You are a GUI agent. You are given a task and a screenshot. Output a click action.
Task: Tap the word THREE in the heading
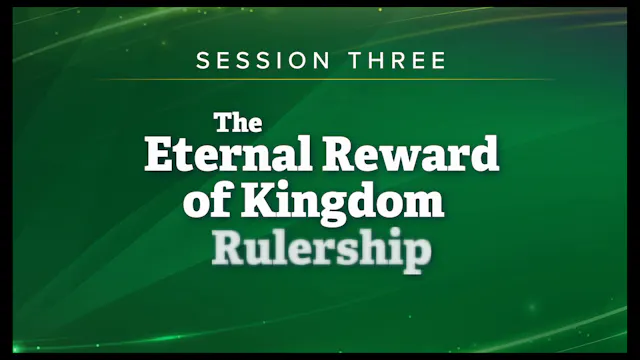tap(394, 61)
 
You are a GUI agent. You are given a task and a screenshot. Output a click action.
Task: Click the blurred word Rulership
tap(321, 249)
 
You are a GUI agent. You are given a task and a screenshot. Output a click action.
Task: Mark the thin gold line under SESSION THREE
tap(320, 80)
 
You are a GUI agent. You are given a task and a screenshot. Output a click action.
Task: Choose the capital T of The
tap(223, 122)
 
